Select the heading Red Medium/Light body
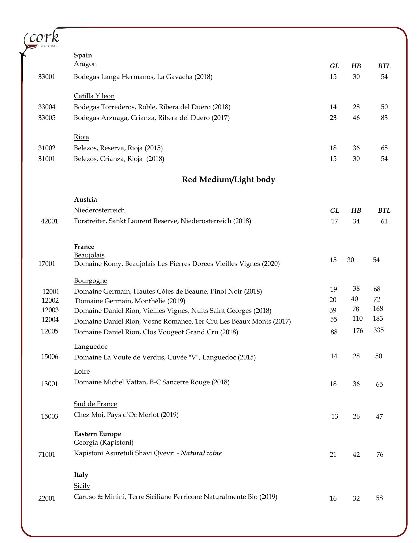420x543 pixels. pos(228,180)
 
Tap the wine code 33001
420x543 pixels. pos(47,77)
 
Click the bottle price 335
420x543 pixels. pos(378,330)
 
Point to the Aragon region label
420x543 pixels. pos(85,64)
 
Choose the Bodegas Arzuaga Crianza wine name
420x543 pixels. pos(152,118)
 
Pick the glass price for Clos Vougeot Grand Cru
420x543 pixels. pos(334,332)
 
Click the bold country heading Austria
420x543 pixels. pos(85,199)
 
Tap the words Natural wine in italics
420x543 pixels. pos(201,453)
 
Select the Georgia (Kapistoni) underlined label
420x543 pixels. pos(104,442)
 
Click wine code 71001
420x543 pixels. pos(47,454)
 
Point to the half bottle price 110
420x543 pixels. pos(357,319)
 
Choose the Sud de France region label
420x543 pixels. pos(95,404)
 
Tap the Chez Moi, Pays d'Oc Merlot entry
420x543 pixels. pos(126,415)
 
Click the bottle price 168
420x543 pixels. pos(378,309)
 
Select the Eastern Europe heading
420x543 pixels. pos(98,434)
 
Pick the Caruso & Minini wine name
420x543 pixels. pos(175,497)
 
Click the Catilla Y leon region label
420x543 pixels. pos(94,96)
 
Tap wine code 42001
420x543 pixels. pos(50,221)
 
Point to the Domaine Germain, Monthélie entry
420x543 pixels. pos(130,301)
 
